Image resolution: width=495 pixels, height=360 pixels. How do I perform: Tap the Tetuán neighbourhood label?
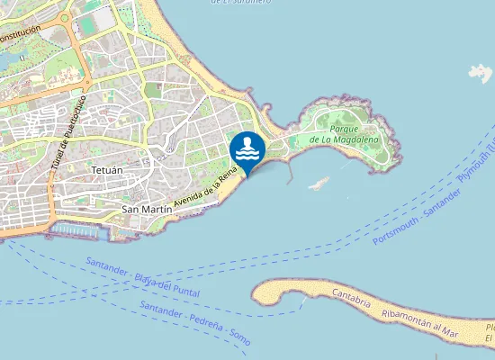coord(106,168)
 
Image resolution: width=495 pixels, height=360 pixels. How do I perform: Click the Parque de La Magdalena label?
coord(344,134)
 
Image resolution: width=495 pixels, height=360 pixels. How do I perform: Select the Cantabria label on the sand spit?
coord(351,298)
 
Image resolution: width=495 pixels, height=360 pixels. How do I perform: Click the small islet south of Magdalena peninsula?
coord(318,184)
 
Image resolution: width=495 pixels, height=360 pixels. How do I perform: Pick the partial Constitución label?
coord(20,36)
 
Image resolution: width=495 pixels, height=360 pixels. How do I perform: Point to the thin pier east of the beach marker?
coord(289,174)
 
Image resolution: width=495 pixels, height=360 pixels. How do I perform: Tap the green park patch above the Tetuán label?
coord(152,90)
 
